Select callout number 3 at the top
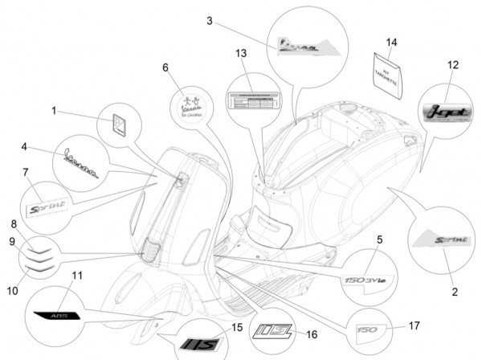209,22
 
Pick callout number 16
312,333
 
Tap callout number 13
241,53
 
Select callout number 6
165,67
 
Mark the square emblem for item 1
122,126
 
